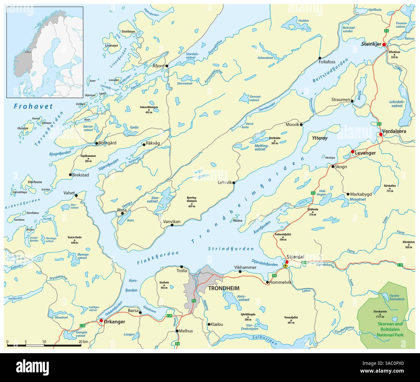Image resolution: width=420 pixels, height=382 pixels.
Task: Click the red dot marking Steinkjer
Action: click(x=384, y=44)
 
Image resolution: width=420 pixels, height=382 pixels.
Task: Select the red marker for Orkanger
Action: click(x=101, y=320)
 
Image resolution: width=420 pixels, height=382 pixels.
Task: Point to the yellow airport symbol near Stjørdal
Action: click(x=285, y=265)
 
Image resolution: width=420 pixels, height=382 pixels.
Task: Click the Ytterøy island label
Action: click(x=320, y=138)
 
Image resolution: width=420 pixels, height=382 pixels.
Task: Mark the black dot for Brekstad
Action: click(x=70, y=175)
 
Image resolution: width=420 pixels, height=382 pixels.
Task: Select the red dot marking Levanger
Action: click(x=352, y=152)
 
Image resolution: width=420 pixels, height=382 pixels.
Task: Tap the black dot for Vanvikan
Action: click(x=172, y=225)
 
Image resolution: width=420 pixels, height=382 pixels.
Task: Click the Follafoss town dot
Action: click(x=320, y=58)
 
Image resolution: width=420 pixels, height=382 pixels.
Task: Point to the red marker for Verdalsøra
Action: click(x=381, y=134)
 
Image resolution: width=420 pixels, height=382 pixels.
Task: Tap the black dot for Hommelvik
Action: click(x=268, y=282)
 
